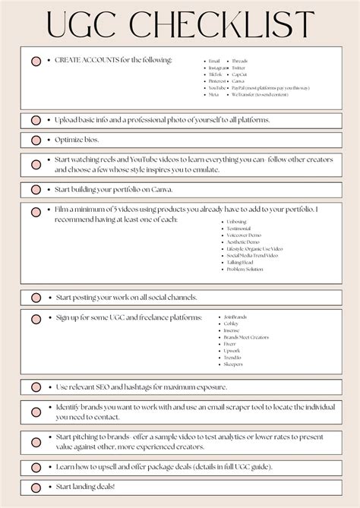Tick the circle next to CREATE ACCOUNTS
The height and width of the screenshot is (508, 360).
[36, 61]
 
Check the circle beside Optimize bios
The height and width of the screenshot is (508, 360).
[36, 140]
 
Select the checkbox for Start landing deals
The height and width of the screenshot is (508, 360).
[36, 486]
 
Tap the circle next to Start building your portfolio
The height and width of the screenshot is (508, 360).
[36, 189]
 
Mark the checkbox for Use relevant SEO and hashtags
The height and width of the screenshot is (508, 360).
[36, 387]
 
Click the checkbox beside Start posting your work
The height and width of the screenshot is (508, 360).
[36, 298]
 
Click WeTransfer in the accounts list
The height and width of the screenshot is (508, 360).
[242, 95]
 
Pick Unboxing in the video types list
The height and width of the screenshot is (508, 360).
[236, 222]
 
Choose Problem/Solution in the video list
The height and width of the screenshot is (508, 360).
[245, 269]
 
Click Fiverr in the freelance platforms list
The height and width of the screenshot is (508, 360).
[231, 343]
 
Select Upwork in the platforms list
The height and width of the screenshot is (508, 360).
[232, 350]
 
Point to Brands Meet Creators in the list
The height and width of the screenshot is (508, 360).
[245, 336]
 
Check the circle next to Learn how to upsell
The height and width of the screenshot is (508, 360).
[36, 466]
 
